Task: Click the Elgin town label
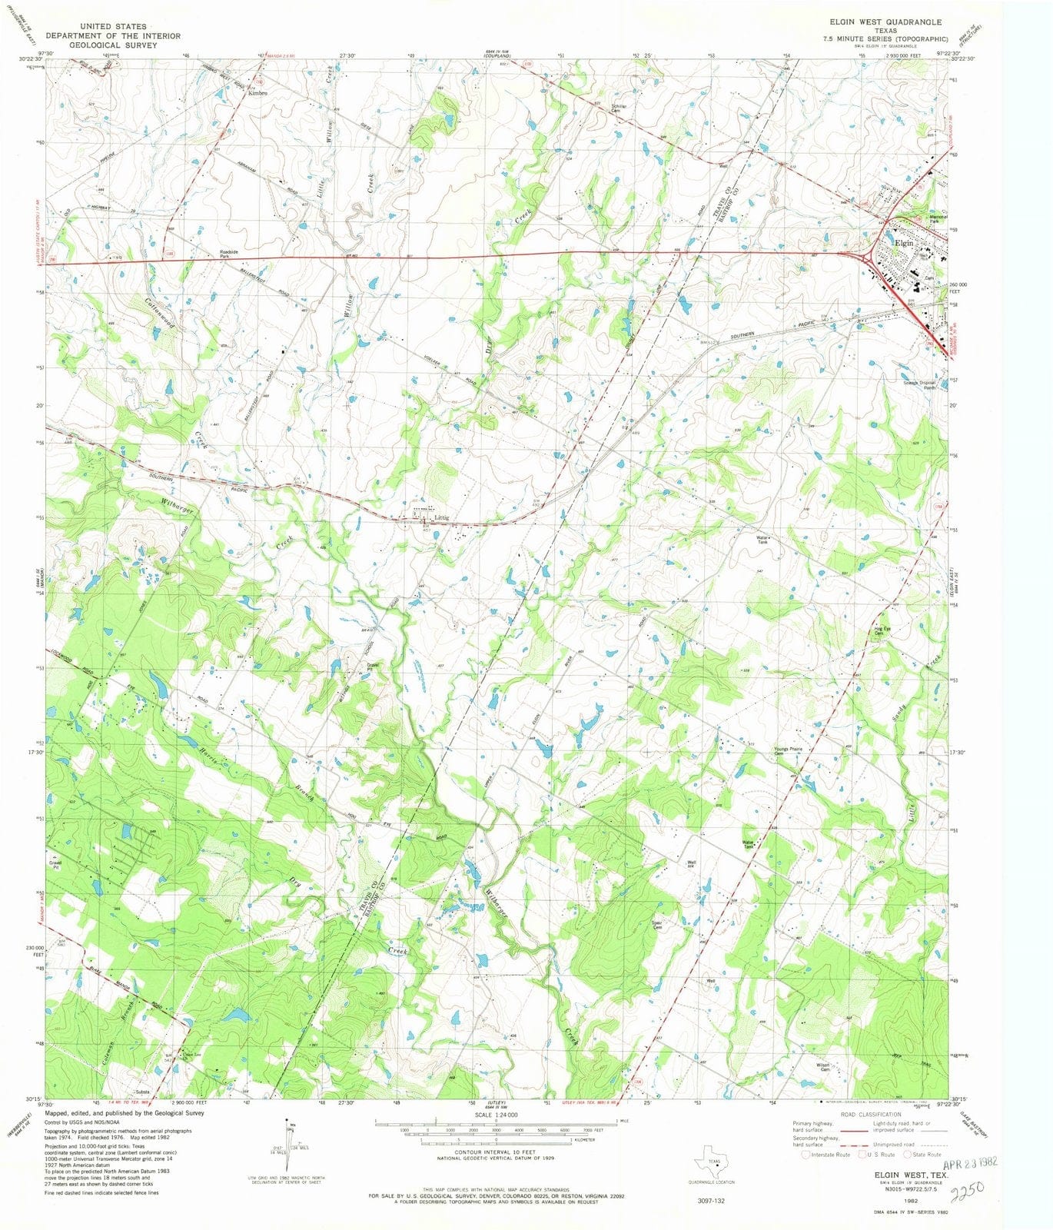pos(904,243)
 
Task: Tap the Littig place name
pos(441,518)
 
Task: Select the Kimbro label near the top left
pos(257,93)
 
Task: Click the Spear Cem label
pos(657,925)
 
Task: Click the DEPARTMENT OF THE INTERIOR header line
pos(113,36)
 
